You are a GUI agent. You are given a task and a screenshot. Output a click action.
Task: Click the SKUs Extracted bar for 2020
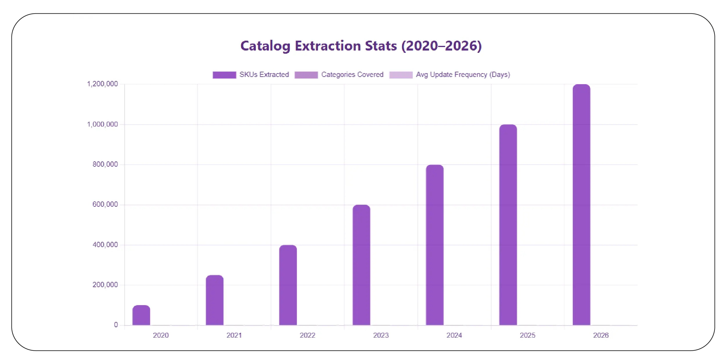click(x=141, y=315)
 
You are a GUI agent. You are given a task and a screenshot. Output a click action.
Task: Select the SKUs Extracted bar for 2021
click(x=215, y=300)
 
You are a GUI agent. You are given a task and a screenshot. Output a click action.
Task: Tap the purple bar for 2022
click(x=288, y=285)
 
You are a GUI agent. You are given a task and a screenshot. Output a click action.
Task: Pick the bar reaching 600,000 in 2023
click(x=361, y=265)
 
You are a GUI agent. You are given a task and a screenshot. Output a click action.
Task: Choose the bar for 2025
click(x=508, y=225)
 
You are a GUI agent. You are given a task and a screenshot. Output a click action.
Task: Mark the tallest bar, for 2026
click(x=581, y=205)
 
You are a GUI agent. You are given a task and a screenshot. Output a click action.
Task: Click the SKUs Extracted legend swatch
click(x=224, y=75)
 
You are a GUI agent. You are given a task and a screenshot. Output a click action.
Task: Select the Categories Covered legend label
click(x=352, y=75)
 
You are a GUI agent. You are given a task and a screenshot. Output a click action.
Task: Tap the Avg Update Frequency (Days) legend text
click(x=463, y=75)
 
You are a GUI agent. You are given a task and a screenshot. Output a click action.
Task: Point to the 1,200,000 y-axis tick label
click(x=102, y=84)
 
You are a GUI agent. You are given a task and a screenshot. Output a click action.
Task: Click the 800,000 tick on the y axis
click(x=105, y=164)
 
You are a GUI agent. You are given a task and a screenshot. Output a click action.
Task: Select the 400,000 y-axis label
click(x=105, y=245)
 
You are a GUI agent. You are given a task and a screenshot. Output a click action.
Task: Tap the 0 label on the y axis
click(x=116, y=325)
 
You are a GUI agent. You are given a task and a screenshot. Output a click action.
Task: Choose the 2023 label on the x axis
click(x=381, y=335)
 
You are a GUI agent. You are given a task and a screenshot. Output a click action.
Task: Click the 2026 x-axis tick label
click(x=601, y=335)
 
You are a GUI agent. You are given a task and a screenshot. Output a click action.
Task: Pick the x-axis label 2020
click(x=161, y=335)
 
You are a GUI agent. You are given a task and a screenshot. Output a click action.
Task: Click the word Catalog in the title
click(x=265, y=46)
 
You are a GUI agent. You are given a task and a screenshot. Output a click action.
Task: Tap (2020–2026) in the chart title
click(x=441, y=46)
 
